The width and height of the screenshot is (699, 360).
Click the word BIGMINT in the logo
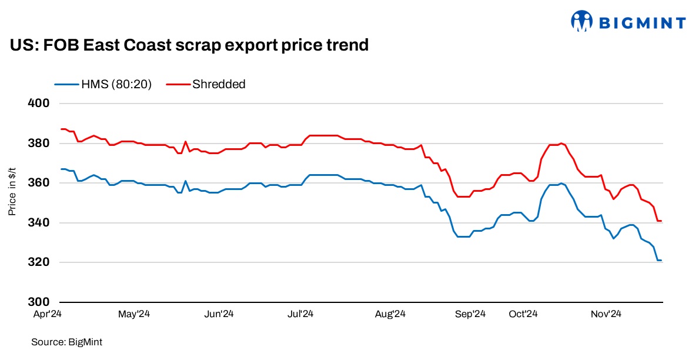[x=642, y=23]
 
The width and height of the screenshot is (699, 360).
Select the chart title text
[x=189, y=45]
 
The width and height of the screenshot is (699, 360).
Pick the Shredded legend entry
[x=206, y=84]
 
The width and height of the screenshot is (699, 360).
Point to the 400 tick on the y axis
[x=38, y=104]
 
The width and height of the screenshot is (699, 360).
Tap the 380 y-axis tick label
[x=38, y=144]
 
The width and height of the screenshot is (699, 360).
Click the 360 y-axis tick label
[x=38, y=183]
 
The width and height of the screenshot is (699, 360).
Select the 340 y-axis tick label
[x=38, y=223]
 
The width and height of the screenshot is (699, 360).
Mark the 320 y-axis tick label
[x=38, y=262]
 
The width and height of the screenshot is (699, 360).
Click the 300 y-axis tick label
[x=38, y=302]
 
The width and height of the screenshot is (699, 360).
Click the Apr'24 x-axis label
[x=47, y=315]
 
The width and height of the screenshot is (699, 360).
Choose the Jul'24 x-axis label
[x=300, y=315]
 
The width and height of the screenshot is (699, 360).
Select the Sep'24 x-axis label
[x=471, y=315]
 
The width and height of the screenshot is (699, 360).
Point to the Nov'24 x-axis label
[x=607, y=315]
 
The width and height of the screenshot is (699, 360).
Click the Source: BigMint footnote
[x=63, y=341]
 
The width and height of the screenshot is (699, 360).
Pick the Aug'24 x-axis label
[x=391, y=315]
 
